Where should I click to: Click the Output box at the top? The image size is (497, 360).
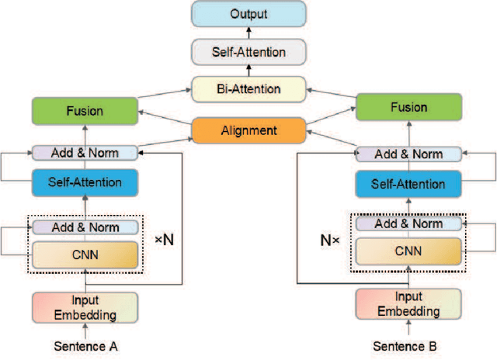248,15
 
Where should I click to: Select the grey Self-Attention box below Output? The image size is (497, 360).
248,53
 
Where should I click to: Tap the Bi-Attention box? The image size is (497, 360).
248,89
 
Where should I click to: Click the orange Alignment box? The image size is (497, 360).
248,130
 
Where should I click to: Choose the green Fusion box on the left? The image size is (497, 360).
85,111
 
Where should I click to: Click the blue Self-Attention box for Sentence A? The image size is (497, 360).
85,182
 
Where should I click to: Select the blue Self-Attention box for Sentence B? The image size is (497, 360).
408,184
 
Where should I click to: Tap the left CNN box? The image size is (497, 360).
85,254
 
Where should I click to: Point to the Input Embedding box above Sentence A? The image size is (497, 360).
85,307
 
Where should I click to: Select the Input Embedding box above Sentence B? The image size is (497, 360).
408,303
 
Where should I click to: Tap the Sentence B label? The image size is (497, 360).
408,344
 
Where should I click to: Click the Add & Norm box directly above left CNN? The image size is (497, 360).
85,227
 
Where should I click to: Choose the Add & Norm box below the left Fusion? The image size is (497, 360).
85,152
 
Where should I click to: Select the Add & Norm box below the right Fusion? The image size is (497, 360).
408,154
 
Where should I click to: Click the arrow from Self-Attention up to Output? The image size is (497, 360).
248,33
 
